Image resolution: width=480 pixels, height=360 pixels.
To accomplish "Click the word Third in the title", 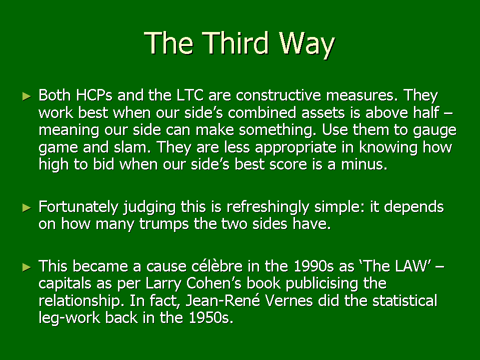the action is click(235, 43).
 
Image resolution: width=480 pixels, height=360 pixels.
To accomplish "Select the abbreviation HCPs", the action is click(94, 95).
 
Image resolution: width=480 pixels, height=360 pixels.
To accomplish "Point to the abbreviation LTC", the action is click(190, 95).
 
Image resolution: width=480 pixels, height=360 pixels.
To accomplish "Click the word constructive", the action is click(278, 95).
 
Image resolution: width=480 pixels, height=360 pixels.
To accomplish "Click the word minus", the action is click(364, 164).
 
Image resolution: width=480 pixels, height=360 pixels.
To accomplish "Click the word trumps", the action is click(164, 224).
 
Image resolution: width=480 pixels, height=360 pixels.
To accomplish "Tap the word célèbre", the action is click(217, 265).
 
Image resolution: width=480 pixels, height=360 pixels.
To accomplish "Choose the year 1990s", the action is click(313, 266).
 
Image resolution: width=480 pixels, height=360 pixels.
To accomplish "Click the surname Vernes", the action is click(288, 300).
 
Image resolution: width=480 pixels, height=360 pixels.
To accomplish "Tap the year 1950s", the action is click(211, 318).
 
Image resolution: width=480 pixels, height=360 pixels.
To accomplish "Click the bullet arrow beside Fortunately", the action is click(27, 208).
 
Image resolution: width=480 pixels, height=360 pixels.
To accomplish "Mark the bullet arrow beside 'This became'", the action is click(27, 267).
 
